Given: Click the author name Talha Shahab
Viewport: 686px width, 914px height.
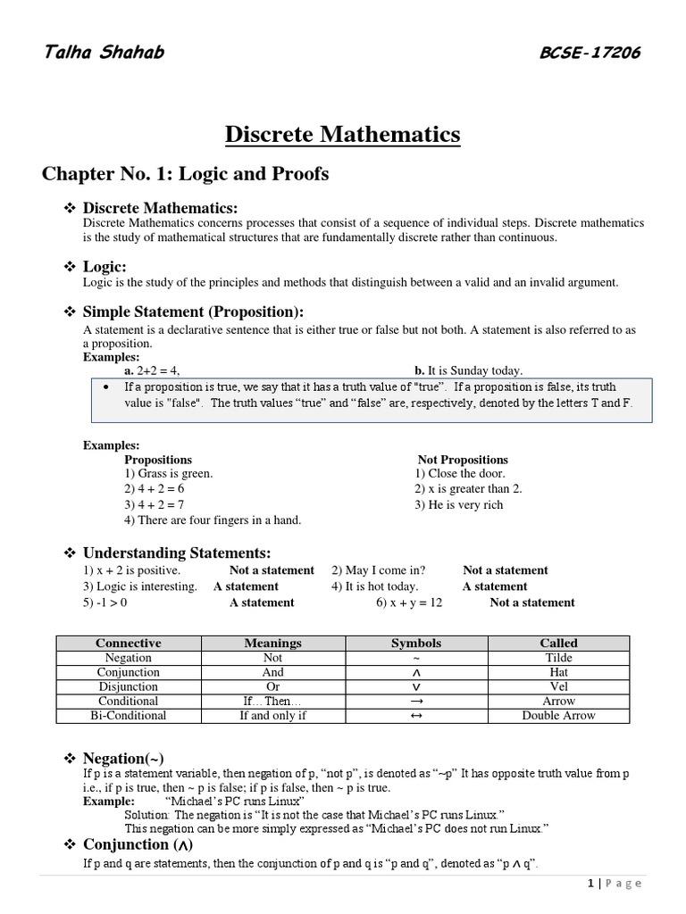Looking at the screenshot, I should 104,52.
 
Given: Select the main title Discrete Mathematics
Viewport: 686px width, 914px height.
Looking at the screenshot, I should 342,135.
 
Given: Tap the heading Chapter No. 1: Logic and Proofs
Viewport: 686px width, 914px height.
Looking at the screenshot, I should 185,174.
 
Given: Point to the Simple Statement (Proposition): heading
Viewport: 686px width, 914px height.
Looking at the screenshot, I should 193,312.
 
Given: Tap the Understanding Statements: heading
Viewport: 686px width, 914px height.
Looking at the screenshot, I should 176,553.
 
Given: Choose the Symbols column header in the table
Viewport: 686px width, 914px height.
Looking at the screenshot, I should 416,643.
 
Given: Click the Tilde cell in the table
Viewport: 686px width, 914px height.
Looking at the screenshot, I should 558,658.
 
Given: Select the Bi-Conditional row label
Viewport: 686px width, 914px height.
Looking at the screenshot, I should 129,715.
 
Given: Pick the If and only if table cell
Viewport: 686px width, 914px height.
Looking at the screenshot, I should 273,715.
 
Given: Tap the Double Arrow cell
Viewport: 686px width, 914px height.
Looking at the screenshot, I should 558,715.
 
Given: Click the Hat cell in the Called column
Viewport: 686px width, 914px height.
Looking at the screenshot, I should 558,672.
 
